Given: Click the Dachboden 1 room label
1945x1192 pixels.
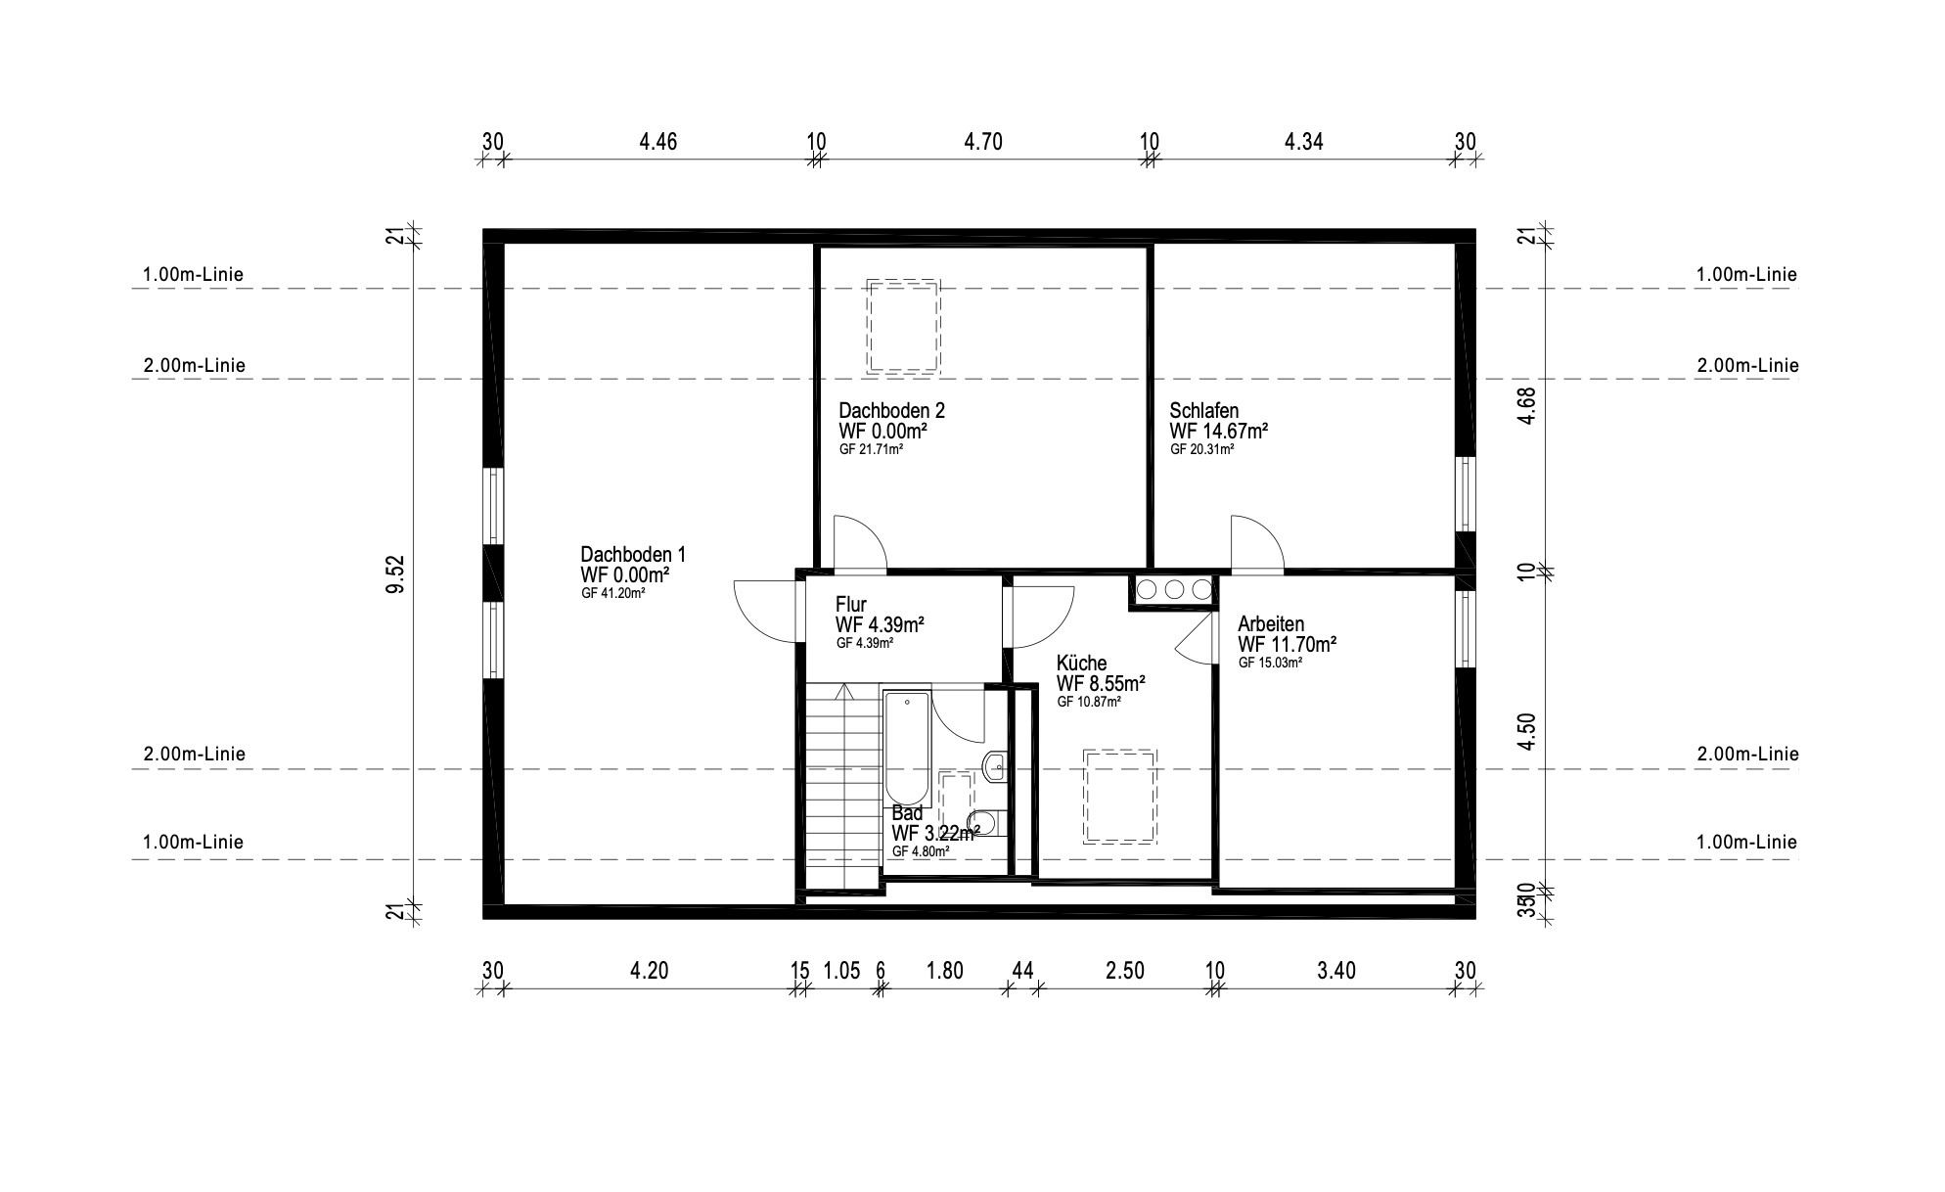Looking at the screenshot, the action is [633, 554].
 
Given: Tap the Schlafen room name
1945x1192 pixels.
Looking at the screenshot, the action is [1204, 411].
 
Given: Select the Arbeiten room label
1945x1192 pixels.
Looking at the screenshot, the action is [1271, 624].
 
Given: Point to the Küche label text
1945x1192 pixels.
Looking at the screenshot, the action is [1082, 664].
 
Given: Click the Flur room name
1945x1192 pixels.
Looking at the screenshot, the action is [850, 605].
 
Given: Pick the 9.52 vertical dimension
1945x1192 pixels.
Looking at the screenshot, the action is [395, 574].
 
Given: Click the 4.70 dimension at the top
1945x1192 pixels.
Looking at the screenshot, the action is [983, 142].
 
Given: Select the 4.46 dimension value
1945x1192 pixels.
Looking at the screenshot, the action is [658, 142].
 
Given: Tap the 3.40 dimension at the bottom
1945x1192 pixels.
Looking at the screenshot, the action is [1336, 971].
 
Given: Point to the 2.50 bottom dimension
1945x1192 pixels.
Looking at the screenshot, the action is [1125, 971].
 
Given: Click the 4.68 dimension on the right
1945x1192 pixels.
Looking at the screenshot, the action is [1527, 406].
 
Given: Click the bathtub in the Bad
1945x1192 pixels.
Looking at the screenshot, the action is [907, 760].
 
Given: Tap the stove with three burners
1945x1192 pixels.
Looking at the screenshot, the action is [1173, 589].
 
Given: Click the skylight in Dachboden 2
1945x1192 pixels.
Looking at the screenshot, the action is [903, 326].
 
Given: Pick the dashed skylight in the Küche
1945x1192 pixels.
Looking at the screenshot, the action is [1119, 796].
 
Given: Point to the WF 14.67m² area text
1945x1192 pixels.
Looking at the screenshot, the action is [1219, 431].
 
